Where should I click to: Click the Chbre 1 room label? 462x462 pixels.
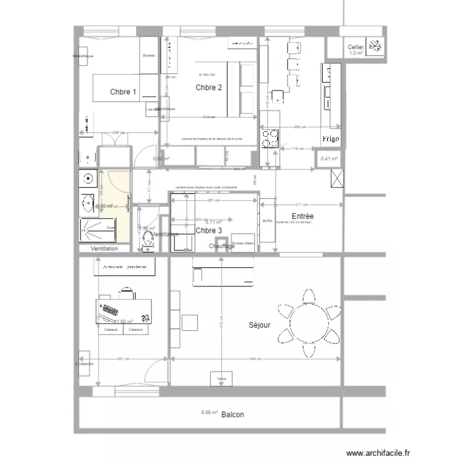pyautogui.click(x=123, y=92)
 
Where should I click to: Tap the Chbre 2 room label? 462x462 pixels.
pyautogui.click(x=209, y=87)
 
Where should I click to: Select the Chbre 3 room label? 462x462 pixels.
pyautogui.click(x=208, y=231)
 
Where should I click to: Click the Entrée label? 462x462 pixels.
pyautogui.click(x=302, y=216)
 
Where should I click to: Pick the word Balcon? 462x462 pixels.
pyautogui.click(x=233, y=415)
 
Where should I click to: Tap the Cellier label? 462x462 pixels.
pyautogui.click(x=355, y=47)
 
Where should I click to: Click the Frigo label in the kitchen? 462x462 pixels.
pyautogui.click(x=331, y=139)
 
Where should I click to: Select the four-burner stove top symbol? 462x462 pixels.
pyautogui.click(x=270, y=137)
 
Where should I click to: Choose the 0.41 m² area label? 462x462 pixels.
pyautogui.click(x=331, y=159)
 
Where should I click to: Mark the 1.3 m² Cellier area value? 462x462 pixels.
pyautogui.click(x=355, y=54)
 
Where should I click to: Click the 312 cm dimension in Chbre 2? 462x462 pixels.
pyautogui.click(x=209, y=117)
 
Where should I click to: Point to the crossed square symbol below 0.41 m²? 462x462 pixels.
pyautogui.click(x=337, y=179)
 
